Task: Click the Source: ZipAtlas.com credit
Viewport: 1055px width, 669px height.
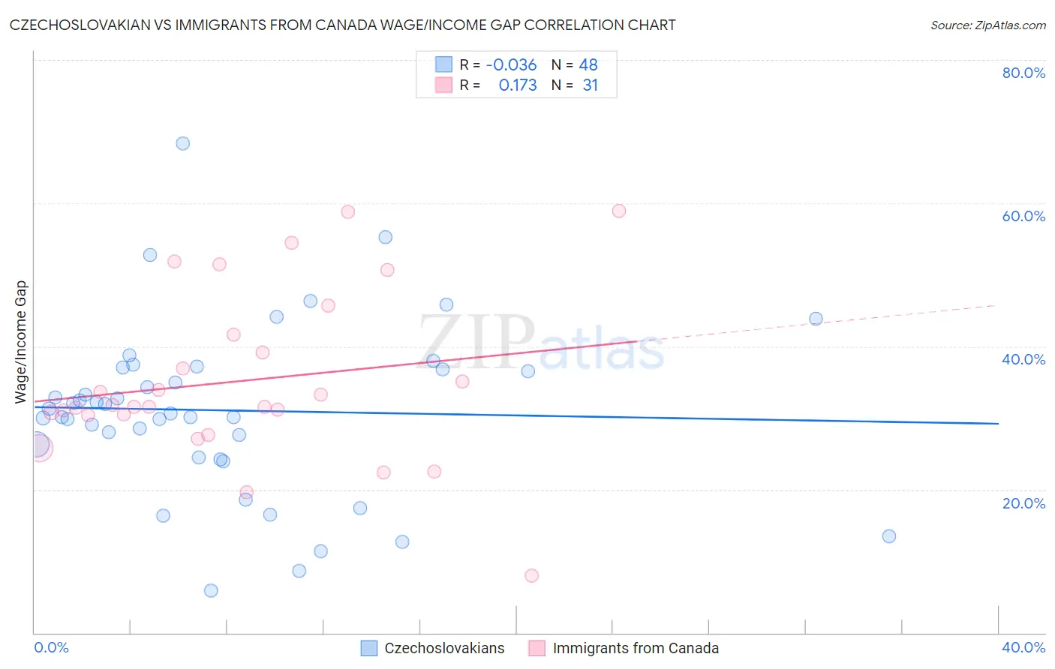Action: [987, 25]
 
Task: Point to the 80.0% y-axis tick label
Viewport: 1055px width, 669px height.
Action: [1023, 73]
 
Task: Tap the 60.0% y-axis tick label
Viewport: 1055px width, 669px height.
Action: [1023, 216]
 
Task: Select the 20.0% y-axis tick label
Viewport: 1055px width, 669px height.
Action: [1023, 503]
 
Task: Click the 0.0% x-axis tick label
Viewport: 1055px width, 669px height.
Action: [51, 647]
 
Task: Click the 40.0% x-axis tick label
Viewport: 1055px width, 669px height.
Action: [1023, 647]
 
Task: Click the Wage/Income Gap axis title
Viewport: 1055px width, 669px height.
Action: [21, 342]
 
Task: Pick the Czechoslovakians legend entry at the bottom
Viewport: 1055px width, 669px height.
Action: [433, 648]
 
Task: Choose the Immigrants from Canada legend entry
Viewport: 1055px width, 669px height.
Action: [624, 648]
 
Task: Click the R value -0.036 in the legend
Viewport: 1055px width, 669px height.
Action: [511, 65]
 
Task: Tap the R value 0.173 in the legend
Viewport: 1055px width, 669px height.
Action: [518, 85]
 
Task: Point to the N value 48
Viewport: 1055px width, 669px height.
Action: [588, 65]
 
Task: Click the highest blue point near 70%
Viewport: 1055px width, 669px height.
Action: [183, 143]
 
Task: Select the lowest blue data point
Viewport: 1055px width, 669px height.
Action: [211, 590]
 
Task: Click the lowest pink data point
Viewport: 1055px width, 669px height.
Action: [531, 575]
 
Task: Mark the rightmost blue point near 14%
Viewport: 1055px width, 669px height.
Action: [889, 535]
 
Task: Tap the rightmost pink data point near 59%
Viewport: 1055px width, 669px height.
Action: [619, 211]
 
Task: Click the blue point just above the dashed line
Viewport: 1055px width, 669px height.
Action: [816, 319]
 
